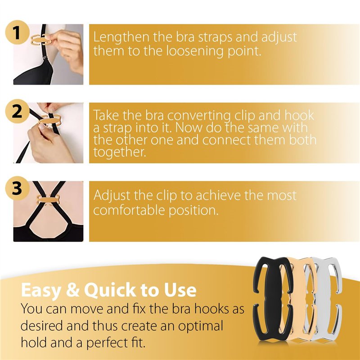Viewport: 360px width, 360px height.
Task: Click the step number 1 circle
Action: (17, 32)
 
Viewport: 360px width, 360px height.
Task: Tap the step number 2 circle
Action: (17, 111)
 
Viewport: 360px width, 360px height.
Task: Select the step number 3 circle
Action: (17, 188)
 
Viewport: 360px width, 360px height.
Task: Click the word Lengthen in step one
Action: (121, 37)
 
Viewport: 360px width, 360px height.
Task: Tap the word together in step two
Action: (120, 152)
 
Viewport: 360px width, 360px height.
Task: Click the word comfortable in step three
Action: (129, 210)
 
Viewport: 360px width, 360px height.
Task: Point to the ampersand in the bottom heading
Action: (72, 290)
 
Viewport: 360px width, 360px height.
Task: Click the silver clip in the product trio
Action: (326, 298)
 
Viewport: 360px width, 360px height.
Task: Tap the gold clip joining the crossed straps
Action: (49, 199)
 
